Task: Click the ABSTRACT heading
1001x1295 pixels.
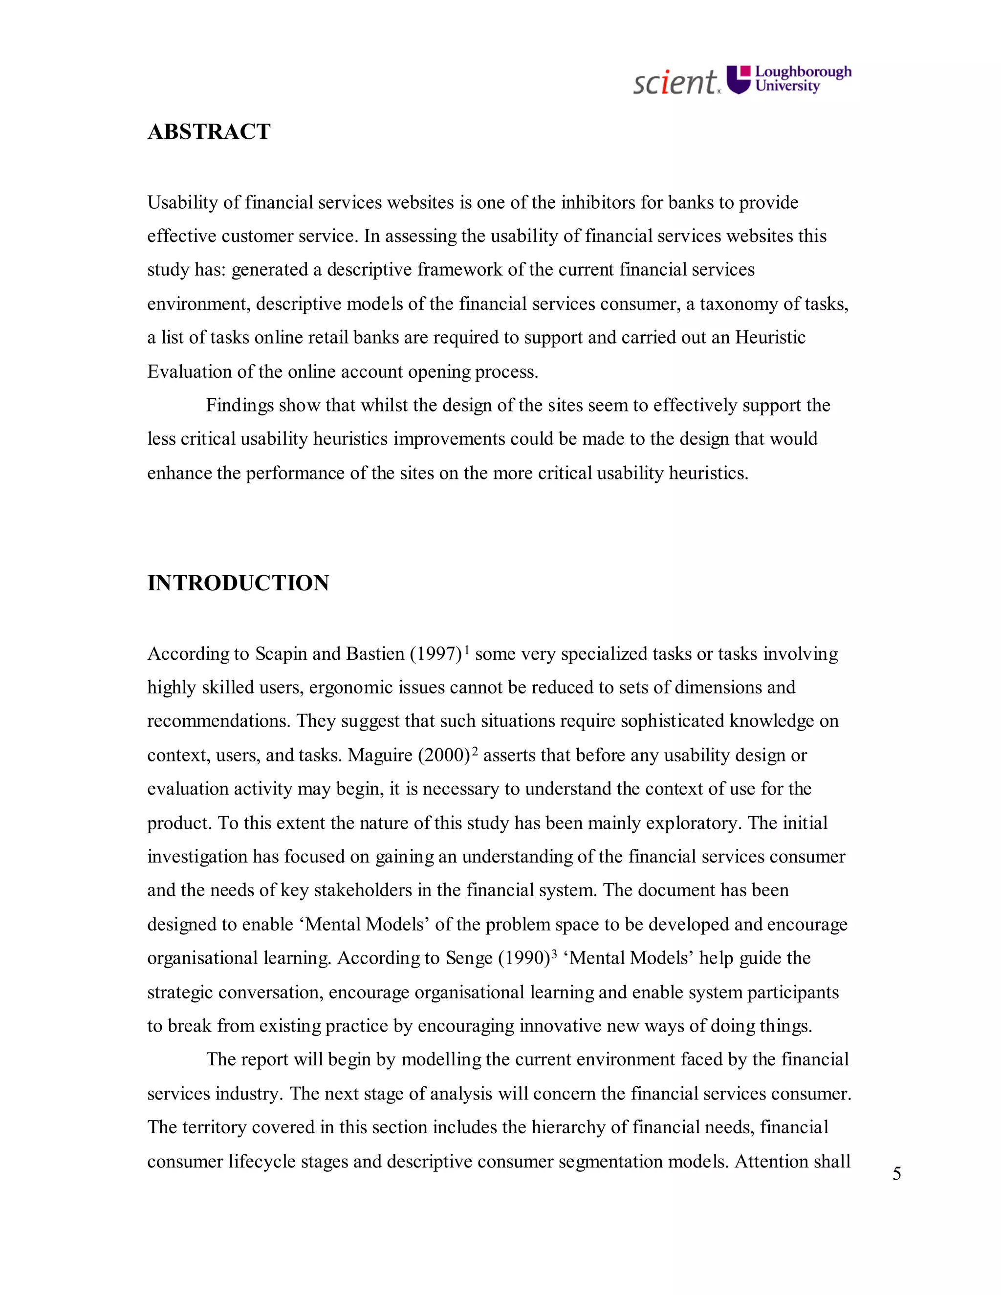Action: tap(209, 131)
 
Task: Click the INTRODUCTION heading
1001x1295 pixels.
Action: tap(238, 583)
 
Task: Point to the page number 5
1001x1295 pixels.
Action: tap(896, 1173)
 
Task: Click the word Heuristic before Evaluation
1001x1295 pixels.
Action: tap(770, 337)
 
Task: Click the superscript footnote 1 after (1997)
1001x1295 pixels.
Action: tap(467, 650)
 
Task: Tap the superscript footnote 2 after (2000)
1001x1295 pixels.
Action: tap(475, 751)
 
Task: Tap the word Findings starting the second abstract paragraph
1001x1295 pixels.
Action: tap(239, 406)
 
